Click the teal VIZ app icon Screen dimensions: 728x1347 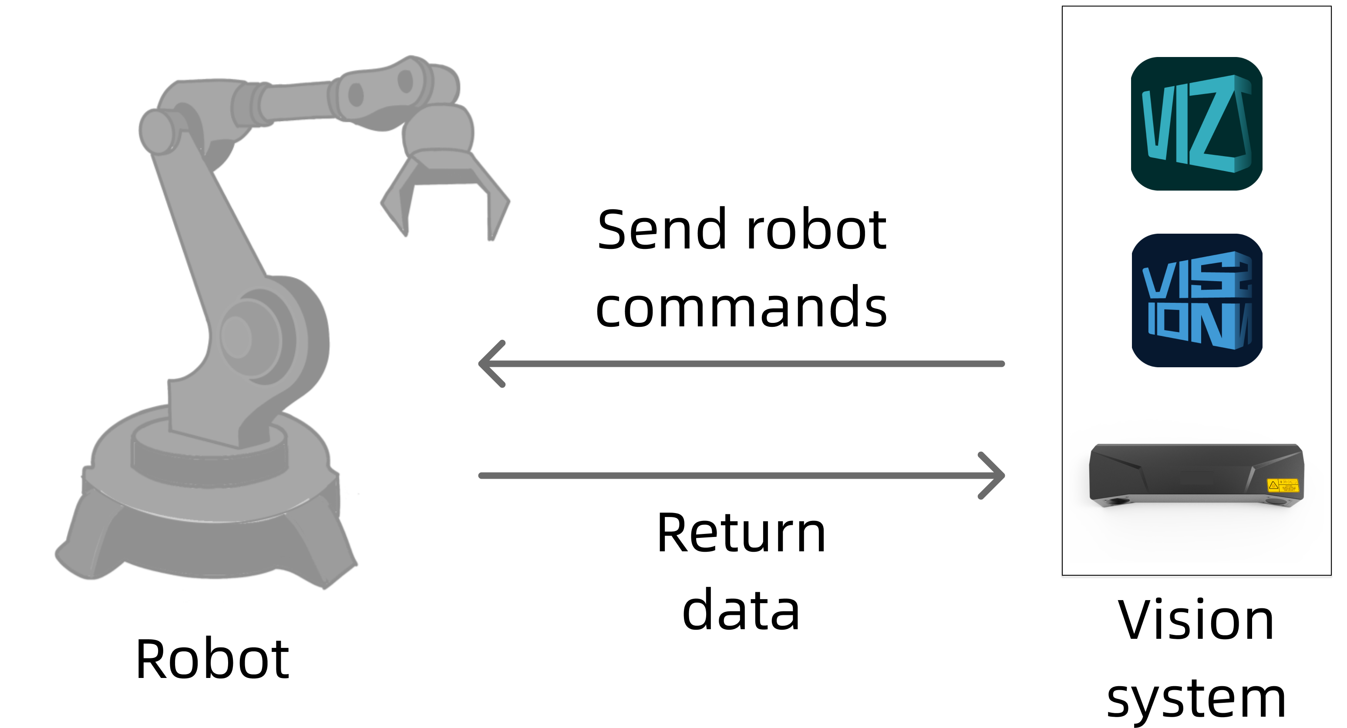point(1196,124)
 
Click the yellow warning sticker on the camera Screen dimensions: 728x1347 point(1283,485)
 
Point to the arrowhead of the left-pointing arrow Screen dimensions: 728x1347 point(489,364)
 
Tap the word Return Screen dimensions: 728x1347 point(741,533)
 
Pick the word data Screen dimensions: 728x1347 point(741,610)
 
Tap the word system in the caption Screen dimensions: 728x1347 point(1196,698)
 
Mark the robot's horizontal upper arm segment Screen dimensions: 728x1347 point(293,102)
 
